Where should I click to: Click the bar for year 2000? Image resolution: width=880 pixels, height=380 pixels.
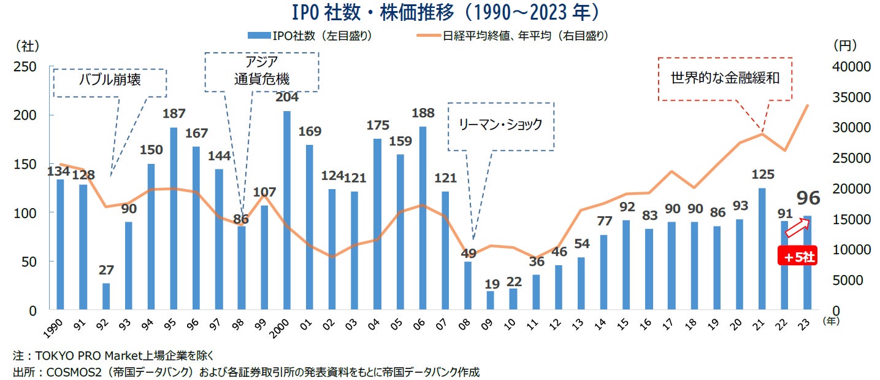287,210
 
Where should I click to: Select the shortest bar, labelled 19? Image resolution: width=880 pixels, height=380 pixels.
491,300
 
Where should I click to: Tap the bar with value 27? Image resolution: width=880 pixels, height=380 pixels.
105,297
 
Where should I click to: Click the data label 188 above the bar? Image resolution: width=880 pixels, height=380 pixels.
423,113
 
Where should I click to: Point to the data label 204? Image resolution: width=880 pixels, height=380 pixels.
287,97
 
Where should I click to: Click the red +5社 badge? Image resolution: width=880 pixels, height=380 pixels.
797,258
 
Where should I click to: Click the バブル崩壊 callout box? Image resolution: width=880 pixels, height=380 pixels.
110,82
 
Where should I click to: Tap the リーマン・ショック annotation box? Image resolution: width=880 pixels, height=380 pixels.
501,125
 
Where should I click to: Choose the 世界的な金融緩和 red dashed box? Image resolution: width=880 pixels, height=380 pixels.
725,79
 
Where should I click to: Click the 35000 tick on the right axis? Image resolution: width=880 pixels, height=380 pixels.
849,97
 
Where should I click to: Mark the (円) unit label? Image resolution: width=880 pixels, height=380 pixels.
846,45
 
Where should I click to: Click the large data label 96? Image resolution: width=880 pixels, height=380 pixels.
808,198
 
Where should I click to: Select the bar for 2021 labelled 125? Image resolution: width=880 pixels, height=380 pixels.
762,248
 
